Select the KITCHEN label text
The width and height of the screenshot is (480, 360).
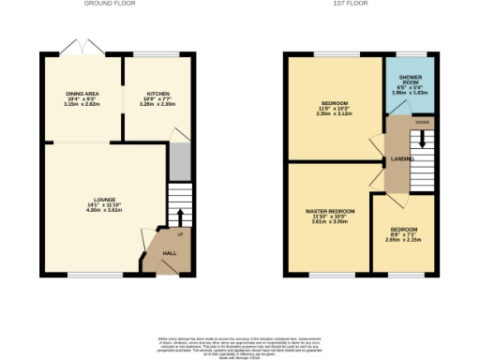pyautogui.click(x=156, y=95)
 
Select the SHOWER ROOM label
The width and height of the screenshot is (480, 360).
pyautogui.click(x=411, y=80)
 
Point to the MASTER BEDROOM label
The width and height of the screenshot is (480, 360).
pyautogui.click(x=330, y=212)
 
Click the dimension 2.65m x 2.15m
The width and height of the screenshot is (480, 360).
pyautogui.click(x=403, y=240)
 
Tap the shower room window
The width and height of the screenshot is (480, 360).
pyautogui.click(x=411, y=55)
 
